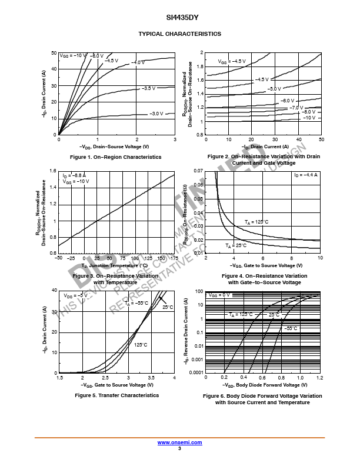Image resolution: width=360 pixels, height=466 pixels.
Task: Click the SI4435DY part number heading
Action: (179, 18)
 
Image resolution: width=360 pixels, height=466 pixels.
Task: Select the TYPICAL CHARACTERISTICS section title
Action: (179, 34)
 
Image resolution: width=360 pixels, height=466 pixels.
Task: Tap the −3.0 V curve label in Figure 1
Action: (156, 114)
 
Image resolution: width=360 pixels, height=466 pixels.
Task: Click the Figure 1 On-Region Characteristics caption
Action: (115, 157)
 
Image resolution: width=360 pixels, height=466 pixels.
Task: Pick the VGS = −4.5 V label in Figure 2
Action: (232, 61)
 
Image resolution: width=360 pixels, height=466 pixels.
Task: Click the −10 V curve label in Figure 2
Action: (309, 118)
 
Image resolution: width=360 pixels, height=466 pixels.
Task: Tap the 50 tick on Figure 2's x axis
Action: (321, 139)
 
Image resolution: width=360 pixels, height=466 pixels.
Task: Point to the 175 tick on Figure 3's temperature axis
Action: (174, 258)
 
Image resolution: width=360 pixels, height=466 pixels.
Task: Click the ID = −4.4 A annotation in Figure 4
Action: (306, 175)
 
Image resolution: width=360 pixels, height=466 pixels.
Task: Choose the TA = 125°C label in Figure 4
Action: (256, 222)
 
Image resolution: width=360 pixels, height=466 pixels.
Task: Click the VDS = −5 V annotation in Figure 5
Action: (75, 295)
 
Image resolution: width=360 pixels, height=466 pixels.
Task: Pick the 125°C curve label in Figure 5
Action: (141, 345)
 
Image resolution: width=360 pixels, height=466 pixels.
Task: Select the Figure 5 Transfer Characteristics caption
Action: (116, 395)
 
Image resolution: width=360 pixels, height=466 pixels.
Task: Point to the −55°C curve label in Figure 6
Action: (291, 328)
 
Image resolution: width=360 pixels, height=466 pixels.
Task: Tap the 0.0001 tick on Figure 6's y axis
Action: (195, 372)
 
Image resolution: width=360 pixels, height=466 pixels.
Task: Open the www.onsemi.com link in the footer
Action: (179, 442)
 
